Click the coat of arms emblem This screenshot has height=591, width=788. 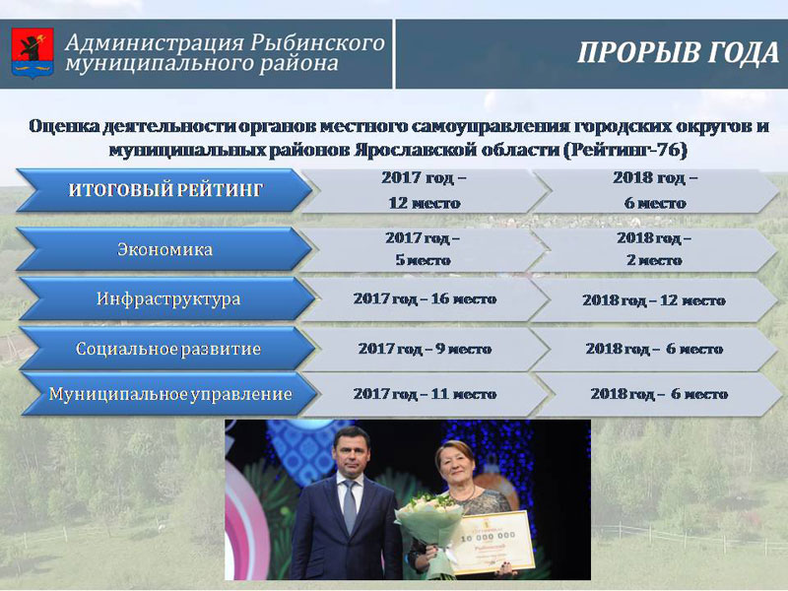pos(33,53)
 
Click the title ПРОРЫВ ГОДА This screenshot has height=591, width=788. pos(678,53)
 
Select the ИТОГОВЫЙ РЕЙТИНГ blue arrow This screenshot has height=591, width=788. pos(164,190)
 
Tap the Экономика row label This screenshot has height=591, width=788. pos(164,249)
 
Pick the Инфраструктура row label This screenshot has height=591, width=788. pos(167,298)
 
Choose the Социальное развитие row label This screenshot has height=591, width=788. pos(167,349)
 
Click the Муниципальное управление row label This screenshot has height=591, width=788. pos(169,393)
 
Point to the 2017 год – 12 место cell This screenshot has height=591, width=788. pos(425,190)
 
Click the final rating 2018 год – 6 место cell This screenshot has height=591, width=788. pos(655,190)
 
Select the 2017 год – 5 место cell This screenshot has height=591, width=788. pos(424,249)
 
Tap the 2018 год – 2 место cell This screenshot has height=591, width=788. pos(654,249)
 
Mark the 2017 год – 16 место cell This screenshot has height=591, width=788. pos(425,299)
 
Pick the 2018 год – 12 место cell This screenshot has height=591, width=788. pos(654,300)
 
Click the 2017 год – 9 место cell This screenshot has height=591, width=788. pos(425,349)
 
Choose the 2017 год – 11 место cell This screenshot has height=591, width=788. pos(425,394)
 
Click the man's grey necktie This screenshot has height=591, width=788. pos(350,505)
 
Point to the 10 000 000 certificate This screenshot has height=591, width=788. pos(492,544)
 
